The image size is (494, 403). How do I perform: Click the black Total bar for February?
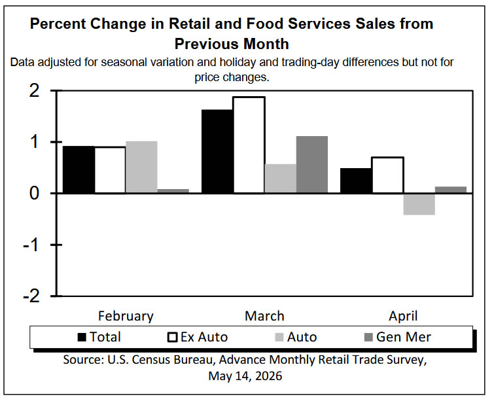coord(79,169)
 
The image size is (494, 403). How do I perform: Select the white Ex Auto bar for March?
coord(249,145)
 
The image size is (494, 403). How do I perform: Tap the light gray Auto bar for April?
coord(419,204)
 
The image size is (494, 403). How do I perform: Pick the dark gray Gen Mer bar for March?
coord(312,164)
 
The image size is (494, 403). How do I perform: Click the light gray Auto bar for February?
coord(141,167)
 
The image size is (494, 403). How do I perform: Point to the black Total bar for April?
coord(356,181)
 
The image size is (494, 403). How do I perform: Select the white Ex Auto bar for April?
coord(388,175)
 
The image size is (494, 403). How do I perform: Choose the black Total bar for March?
coord(217,152)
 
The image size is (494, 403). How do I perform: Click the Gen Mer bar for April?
coord(451,190)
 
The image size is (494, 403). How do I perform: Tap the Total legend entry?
coord(99,337)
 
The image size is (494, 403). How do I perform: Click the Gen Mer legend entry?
coord(398,337)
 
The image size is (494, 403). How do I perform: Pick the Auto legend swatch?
coord(279,338)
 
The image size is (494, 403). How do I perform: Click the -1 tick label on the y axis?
coord(31,245)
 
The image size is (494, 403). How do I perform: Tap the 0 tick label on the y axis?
coord(34,193)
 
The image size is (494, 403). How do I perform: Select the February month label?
coord(126,316)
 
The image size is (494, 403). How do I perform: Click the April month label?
coord(403,316)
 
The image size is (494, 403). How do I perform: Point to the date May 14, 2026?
coord(245,376)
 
